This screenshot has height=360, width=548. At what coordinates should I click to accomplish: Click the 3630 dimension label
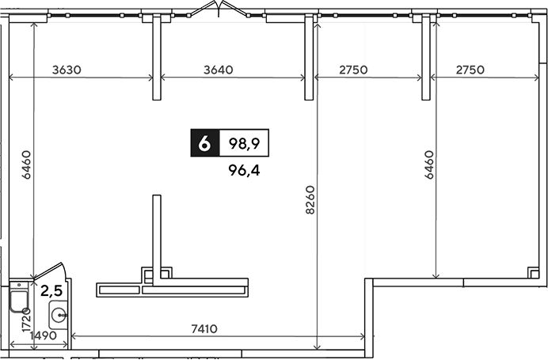coord(67,70)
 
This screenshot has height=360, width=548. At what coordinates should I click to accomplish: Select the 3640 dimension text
coord(219,70)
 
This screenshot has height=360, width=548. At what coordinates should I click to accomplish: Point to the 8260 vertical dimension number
coord(310,200)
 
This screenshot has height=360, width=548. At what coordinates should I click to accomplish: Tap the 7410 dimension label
coord(204,328)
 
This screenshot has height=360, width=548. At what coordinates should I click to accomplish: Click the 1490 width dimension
coord(43,336)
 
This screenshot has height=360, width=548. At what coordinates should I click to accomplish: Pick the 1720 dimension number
coord(27,320)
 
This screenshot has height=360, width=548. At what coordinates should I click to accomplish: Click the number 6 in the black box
coord(205,142)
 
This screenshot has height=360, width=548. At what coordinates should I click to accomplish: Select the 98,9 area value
coord(244,143)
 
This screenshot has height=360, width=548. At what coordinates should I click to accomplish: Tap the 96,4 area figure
coord(244,170)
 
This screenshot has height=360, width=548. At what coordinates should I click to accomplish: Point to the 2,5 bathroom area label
coord(51,290)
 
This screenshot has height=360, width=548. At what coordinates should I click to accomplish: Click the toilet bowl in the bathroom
coord(19,301)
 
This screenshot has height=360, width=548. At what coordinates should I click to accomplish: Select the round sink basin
coord(58,316)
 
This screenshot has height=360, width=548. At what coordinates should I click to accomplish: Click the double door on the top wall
coord(218,9)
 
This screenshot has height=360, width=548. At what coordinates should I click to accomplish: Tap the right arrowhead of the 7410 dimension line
coord(363,336)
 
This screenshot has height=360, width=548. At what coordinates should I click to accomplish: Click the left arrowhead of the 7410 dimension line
coord(73,336)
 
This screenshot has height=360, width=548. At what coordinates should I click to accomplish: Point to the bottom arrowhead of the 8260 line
coord(317,347)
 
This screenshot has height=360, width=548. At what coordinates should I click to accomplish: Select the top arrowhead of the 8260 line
coord(317,25)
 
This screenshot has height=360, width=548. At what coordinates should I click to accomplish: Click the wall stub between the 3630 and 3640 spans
coord(157,57)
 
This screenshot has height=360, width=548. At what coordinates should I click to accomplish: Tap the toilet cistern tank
coord(19,286)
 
